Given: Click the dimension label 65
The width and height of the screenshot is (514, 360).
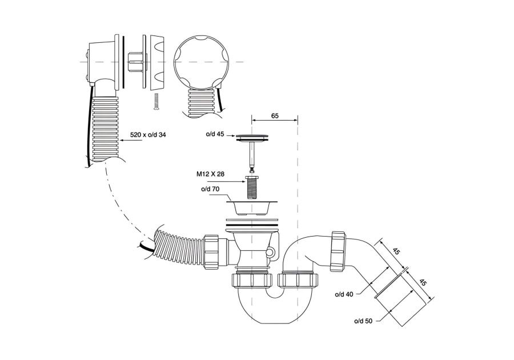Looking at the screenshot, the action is point(275,116).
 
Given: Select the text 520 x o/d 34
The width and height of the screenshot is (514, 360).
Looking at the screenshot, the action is point(148,134).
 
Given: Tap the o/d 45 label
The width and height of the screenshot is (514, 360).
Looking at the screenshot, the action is point(215,134).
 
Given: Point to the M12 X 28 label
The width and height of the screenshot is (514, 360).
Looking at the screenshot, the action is point(210,174).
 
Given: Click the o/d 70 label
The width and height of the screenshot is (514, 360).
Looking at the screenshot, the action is point(210,189).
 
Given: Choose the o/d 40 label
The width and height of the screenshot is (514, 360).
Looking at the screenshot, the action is point(344,294).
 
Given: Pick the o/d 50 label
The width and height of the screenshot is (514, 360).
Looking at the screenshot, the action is point(363,321).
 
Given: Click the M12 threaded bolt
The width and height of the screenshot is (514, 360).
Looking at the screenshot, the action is point(251,188).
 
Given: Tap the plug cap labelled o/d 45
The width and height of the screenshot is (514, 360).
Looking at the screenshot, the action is point(252,137).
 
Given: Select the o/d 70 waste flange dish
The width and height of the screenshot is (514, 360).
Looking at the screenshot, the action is point(252,207).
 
